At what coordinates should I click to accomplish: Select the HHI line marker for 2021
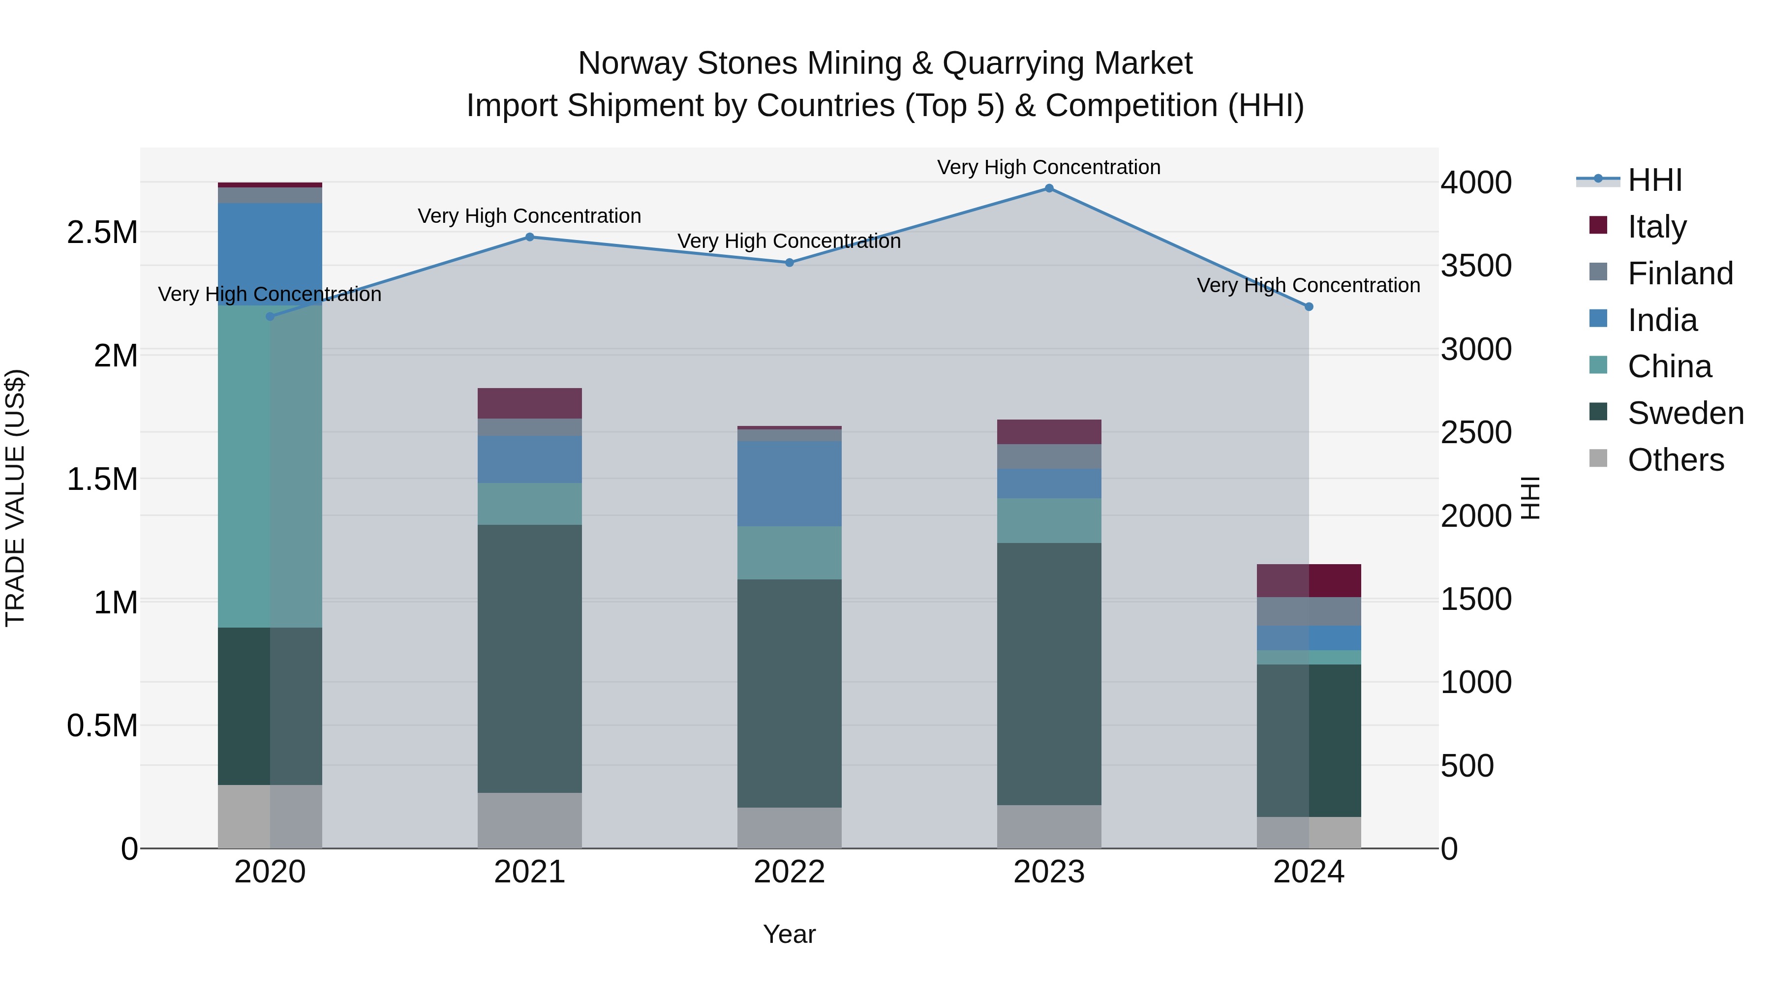point(529,237)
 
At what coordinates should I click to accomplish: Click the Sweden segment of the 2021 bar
point(529,659)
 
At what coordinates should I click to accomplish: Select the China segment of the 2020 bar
point(270,466)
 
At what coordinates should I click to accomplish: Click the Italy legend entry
point(1656,227)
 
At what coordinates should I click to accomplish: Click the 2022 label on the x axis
point(789,872)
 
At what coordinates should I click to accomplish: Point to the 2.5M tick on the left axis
point(102,232)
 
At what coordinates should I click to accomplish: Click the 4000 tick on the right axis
point(1476,183)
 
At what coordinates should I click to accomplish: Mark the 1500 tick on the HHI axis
point(1476,600)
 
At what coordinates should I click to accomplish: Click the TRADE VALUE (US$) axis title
point(15,498)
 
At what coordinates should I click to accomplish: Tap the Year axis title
point(789,934)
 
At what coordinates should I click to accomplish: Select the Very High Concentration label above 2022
point(789,241)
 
